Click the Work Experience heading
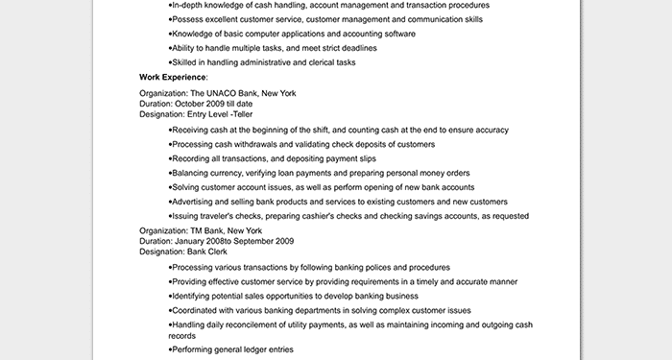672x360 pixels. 173,77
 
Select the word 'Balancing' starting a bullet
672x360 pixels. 190,173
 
